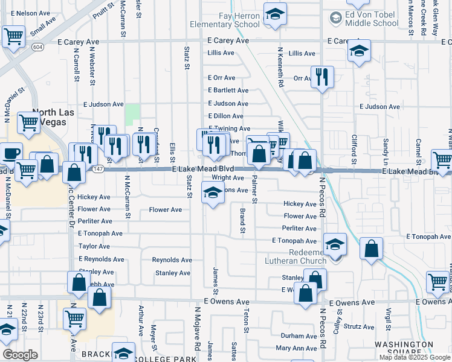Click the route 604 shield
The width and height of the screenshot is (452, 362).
pos(39,46)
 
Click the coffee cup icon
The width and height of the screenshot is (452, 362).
pos(10,153)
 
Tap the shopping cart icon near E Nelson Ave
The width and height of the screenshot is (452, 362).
pos(13,36)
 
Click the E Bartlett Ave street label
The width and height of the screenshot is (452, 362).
pos(228,91)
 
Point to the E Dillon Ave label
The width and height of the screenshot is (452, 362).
pos(225,116)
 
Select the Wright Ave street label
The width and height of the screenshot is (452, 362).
pos(227,178)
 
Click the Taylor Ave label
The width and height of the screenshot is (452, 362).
pos(94,247)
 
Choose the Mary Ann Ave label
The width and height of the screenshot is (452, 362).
pos(296,348)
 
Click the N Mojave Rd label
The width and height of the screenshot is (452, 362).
pos(197,329)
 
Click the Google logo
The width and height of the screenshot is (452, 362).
pos(20,355)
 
